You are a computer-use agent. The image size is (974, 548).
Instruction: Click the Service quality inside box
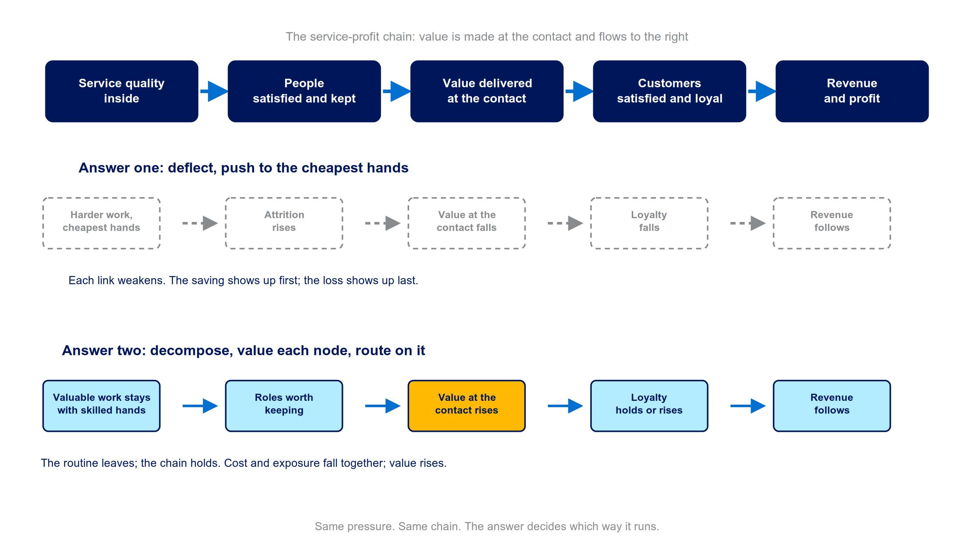click(121, 91)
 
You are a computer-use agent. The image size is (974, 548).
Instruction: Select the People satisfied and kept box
click(304, 91)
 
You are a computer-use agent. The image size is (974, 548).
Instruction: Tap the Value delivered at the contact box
click(487, 91)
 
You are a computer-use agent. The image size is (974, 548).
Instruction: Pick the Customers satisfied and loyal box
click(669, 91)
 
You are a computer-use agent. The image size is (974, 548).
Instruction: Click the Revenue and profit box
click(852, 91)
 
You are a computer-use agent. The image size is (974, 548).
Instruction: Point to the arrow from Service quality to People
click(214, 91)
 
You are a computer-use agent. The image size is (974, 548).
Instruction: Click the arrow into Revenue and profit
click(762, 91)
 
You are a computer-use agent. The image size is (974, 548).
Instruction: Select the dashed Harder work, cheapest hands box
click(101, 223)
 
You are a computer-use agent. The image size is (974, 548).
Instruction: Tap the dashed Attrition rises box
click(284, 223)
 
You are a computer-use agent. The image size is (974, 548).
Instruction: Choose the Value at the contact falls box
click(466, 223)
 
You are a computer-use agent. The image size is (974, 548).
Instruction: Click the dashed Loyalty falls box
click(649, 223)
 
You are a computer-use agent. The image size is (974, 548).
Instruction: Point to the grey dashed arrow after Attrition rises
click(383, 223)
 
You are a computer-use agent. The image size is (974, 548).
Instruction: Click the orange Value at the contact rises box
click(466, 406)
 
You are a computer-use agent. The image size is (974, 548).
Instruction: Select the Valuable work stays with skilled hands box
click(101, 406)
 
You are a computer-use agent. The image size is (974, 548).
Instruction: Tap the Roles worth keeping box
click(284, 406)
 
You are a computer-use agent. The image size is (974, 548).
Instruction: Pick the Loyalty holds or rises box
click(649, 406)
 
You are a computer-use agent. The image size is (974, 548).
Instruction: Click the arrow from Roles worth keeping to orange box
click(383, 406)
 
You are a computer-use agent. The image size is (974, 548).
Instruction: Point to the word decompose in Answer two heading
click(193, 351)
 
